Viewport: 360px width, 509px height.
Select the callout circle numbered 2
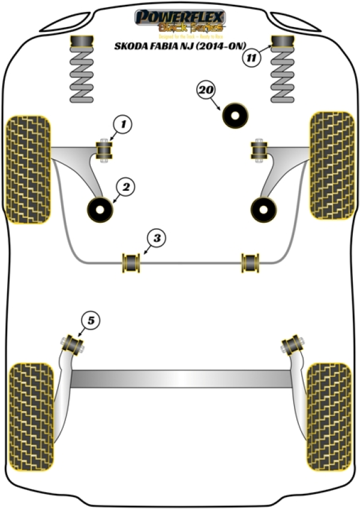point(125,188)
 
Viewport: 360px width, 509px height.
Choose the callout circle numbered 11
point(251,58)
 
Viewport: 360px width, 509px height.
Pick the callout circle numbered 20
point(206,91)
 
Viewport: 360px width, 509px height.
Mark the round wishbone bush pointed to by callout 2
point(100,209)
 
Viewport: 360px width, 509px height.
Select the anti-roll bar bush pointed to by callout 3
point(130,262)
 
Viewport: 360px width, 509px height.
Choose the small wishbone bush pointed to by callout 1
point(106,150)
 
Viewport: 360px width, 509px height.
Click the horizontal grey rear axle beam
point(180,379)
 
